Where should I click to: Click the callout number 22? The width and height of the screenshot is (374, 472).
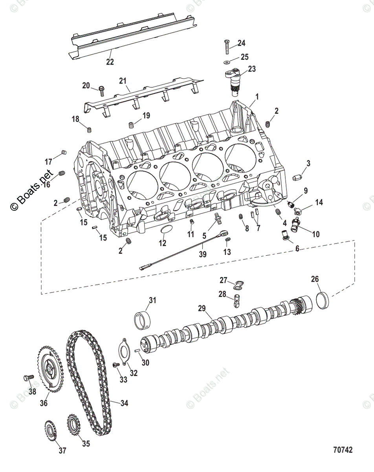click(x=110, y=62)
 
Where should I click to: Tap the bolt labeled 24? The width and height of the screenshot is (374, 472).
click(x=227, y=47)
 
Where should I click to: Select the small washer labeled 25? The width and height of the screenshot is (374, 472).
click(x=226, y=63)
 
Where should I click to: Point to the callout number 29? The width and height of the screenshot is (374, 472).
click(x=202, y=308)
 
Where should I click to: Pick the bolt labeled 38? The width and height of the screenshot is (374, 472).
click(x=29, y=378)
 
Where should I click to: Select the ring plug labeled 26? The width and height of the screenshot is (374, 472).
click(x=323, y=299)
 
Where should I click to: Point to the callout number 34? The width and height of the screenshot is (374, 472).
click(x=124, y=403)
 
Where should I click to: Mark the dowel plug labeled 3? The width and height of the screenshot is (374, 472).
click(x=297, y=177)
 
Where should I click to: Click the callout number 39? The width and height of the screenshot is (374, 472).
click(x=203, y=254)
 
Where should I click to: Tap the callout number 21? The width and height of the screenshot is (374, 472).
click(x=123, y=81)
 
